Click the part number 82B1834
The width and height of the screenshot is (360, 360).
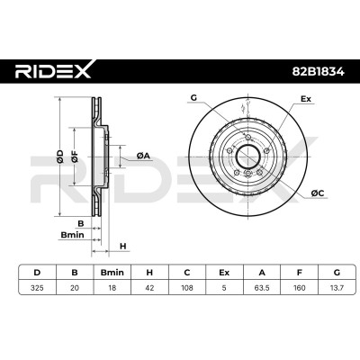click(319, 72)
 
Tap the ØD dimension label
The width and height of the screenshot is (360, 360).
click(60, 157)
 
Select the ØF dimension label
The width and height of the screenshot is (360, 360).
click(75, 157)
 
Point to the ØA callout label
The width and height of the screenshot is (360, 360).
click(143, 156)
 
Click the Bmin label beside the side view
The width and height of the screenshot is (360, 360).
click(72, 234)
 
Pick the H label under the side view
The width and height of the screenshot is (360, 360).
click(123, 247)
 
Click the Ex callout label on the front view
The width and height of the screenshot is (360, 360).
click(306, 99)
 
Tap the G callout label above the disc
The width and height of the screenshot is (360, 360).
click(193, 97)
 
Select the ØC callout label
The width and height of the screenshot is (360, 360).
click(318, 193)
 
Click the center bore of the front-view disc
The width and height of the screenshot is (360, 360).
click(248, 157)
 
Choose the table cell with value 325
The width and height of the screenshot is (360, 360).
click(38, 288)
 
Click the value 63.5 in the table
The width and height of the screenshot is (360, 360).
click(262, 288)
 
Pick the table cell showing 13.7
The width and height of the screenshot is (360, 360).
click(337, 288)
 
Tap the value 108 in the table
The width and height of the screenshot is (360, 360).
click(187, 288)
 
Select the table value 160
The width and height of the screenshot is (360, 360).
click(300, 288)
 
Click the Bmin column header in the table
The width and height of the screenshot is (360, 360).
click(112, 273)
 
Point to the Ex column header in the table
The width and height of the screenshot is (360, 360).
click(224, 273)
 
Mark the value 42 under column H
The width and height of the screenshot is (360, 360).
click(149, 288)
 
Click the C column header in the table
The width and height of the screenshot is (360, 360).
click(187, 273)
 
